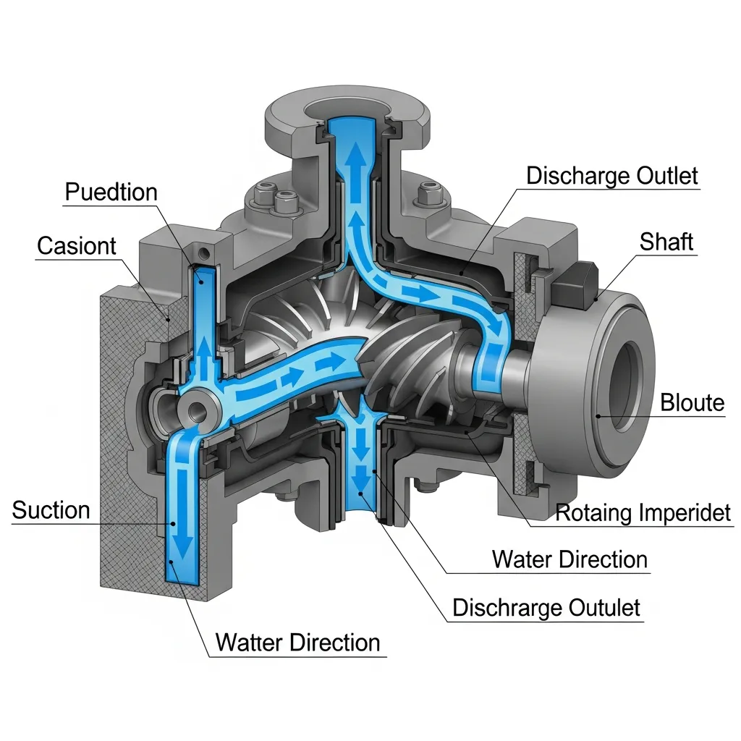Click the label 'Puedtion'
point(111,192)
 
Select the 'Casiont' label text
point(77,246)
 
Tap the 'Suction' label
point(51,510)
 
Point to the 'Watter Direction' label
point(297,643)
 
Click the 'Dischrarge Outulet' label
point(546,608)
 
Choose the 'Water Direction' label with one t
point(569,559)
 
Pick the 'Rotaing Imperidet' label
point(643,513)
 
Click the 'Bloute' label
point(693,402)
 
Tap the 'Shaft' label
point(666,242)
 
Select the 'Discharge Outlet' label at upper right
point(612,176)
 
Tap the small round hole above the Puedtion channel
point(204,253)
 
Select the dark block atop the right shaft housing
point(574,283)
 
